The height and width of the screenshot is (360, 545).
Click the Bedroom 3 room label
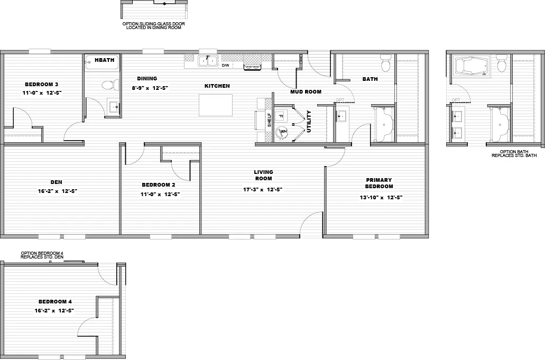(41, 85)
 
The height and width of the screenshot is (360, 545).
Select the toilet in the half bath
(108, 85)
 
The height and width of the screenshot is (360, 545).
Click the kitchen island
(215, 105)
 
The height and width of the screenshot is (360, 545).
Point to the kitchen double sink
(207, 61)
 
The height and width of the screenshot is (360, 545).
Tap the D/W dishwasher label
(225, 66)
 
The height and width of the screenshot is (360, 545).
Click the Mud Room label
(306, 91)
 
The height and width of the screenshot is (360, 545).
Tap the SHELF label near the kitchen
(269, 119)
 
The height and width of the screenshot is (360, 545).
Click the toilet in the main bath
(385, 64)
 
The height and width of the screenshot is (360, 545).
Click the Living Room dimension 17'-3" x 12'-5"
(263, 189)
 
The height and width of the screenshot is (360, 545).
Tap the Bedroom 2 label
(158, 185)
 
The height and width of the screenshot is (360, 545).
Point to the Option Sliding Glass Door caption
(153, 25)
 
